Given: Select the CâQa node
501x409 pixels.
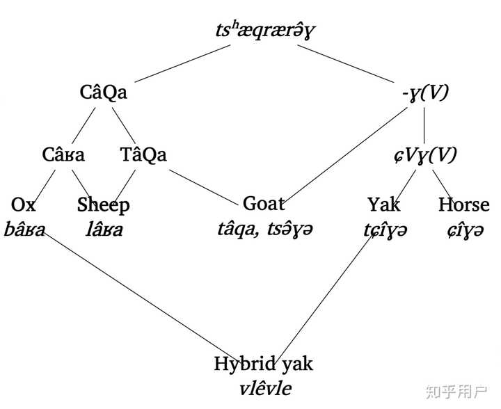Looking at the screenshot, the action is click(x=104, y=93).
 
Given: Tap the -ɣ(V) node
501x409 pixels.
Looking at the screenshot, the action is click(x=424, y=93).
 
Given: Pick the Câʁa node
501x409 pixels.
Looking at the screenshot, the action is click(x=63, y=154).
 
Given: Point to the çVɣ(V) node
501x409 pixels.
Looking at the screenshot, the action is click(x=424, y=154).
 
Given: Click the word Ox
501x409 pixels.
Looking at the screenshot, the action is click(x=24, y=205).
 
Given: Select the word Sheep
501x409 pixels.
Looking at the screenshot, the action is click(x=103, y=205).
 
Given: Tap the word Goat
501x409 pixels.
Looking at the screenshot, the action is click(x=264, y=203).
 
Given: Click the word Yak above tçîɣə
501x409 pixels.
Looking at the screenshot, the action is click(x=384, y=205).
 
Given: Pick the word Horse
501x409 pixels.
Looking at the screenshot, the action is click(x=464, y=205).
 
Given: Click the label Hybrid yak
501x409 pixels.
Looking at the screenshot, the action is click(x=264, y=364).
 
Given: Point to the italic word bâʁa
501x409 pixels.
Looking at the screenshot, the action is click(x=24, y=229).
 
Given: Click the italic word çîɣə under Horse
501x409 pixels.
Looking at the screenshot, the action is click(x=465, y=230).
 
